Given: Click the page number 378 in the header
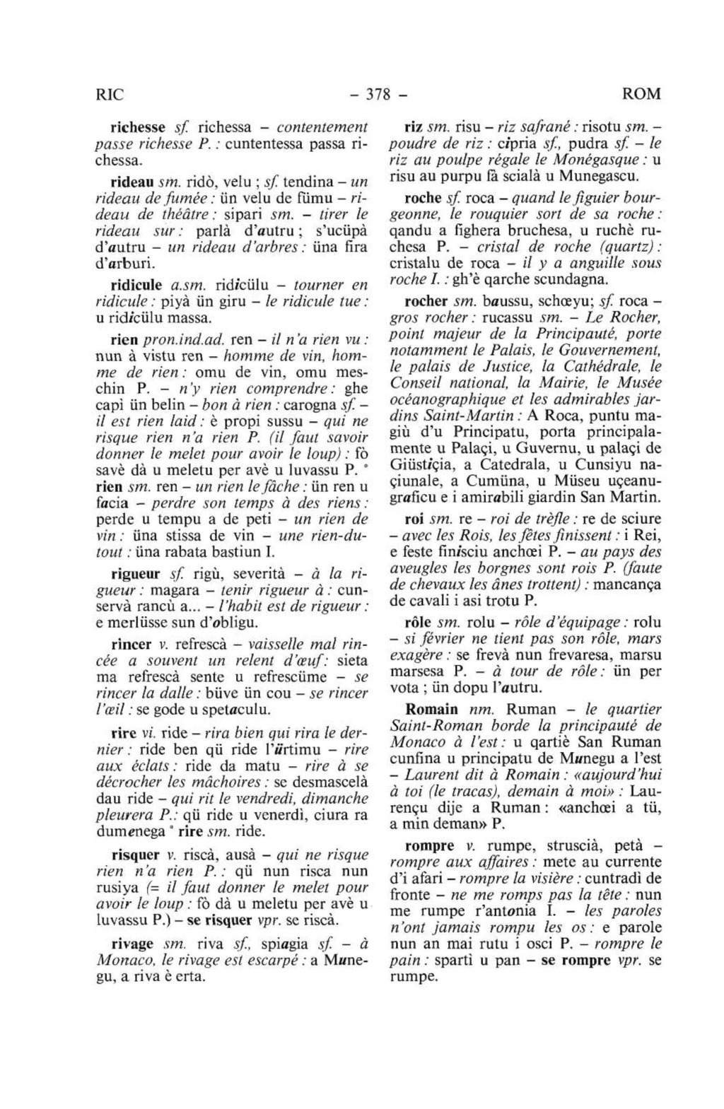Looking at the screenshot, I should [380, 94].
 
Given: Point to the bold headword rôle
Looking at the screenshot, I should [417, 622].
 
